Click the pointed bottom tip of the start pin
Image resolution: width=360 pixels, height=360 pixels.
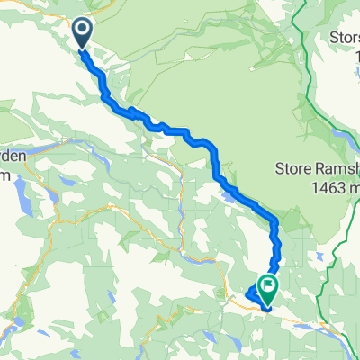[82, 49]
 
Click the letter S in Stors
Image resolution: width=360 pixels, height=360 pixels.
[335, 39]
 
